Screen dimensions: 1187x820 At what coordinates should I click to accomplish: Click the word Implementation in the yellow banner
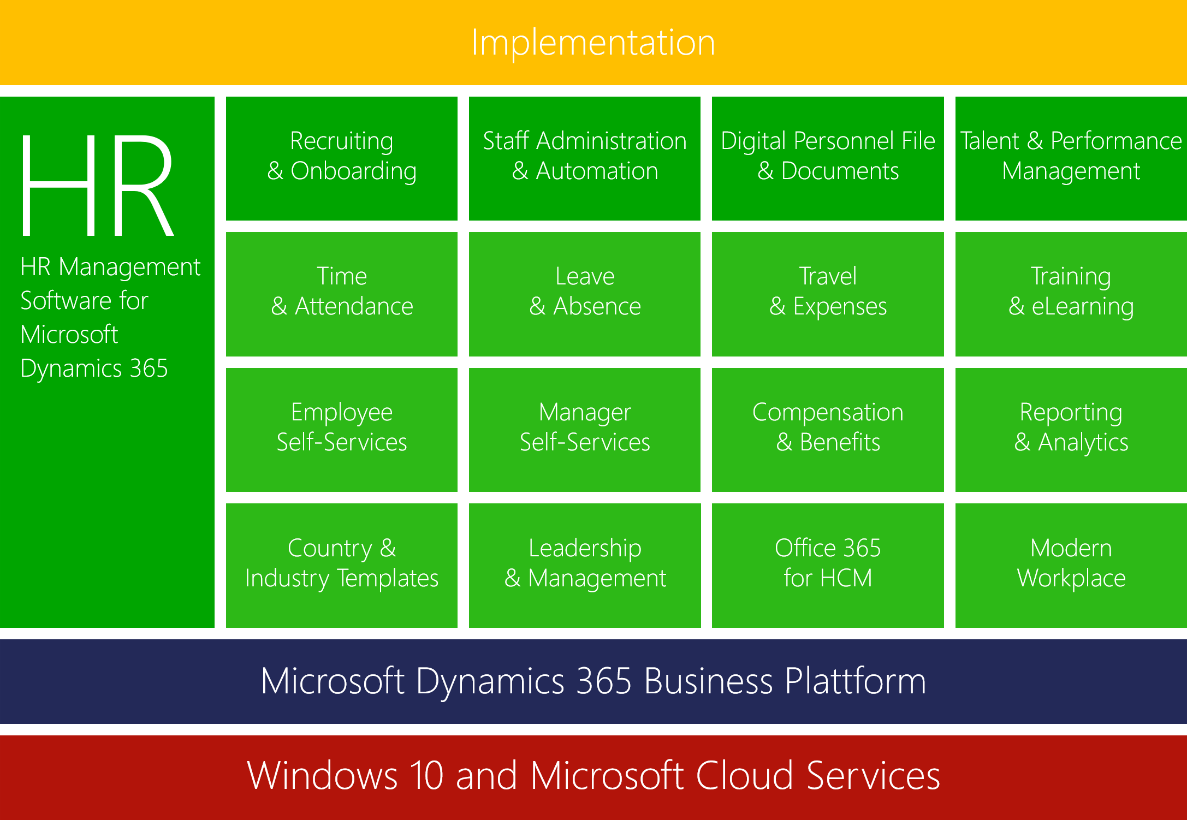point(593,43)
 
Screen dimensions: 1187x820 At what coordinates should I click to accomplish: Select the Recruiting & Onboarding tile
point(342,158)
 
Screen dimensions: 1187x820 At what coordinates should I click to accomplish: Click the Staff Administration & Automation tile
point(585,158)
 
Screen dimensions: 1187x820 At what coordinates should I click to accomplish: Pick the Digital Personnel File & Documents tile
point(828,158)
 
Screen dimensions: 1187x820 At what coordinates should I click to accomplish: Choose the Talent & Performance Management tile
point(1071,158)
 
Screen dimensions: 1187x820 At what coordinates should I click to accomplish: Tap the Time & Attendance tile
point(342,294)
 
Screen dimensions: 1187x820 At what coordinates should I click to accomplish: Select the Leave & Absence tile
point(585,294)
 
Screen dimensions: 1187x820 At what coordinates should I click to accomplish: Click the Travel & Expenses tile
point(828,294)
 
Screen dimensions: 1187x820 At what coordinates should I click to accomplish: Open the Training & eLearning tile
point(1071,294)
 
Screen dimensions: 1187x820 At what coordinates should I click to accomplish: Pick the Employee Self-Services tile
point(342,430)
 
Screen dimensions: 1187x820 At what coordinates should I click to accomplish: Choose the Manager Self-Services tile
point(585,430)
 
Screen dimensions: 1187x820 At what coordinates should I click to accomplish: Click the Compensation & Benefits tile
point(828,430)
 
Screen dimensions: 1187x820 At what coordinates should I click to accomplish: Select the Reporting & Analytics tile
point(1071,430)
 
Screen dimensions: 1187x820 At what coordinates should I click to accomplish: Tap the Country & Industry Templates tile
point(342,566)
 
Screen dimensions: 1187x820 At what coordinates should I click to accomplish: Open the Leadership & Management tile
point(585,566)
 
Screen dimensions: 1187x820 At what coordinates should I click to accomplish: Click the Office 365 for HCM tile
point(828,566)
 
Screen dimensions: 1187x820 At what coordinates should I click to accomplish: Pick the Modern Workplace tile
point(1071,566)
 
